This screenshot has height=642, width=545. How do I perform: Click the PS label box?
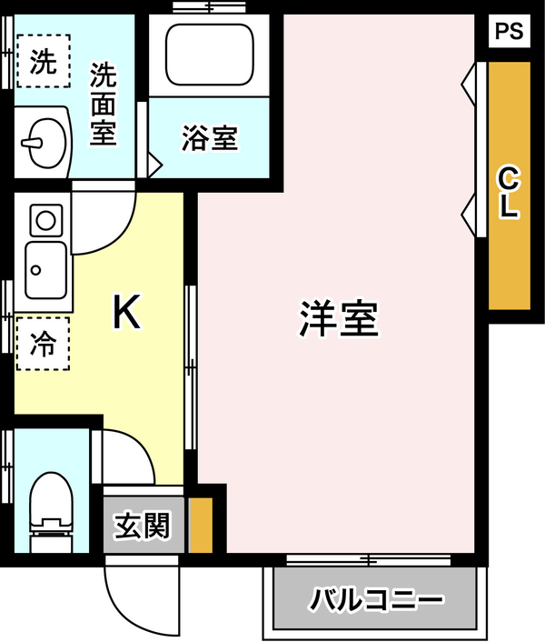510,31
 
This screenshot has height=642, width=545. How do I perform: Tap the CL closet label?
509,193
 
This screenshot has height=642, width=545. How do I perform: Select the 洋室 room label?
339,319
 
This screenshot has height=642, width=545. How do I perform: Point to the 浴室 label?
210,138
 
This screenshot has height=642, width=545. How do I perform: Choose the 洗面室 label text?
104,104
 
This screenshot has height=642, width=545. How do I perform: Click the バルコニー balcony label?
376,600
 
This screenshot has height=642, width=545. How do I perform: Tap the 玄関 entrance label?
142,526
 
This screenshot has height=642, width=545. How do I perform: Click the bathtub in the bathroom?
210,55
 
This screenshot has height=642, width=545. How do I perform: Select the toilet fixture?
51,512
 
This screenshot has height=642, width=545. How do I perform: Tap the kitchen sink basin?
45,270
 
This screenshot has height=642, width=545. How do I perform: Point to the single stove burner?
45,220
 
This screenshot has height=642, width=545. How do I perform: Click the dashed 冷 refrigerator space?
43,344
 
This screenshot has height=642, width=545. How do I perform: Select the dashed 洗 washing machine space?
44,61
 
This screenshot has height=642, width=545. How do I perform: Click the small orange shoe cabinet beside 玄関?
201,526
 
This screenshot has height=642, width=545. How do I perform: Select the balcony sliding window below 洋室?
369,559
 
